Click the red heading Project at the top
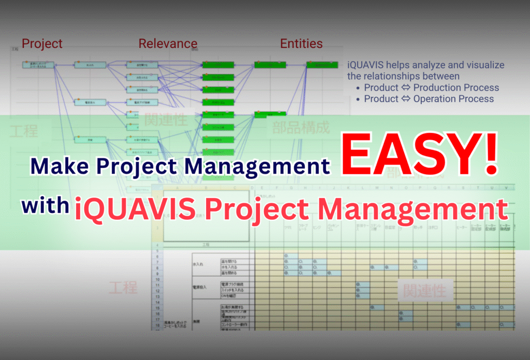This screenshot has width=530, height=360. coord(42,44)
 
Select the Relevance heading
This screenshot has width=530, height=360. coord(168,44)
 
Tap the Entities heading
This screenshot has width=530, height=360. coord(301,44)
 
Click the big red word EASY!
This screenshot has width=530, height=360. coord(419,154)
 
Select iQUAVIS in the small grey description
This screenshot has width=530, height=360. coord(365,66)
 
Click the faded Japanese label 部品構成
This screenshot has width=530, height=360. coord(301,128)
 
